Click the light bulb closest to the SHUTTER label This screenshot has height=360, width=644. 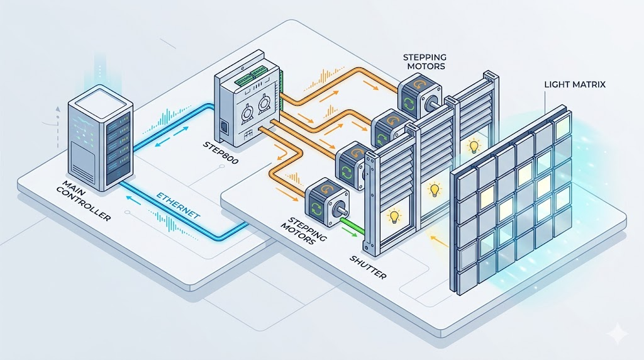394,217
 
